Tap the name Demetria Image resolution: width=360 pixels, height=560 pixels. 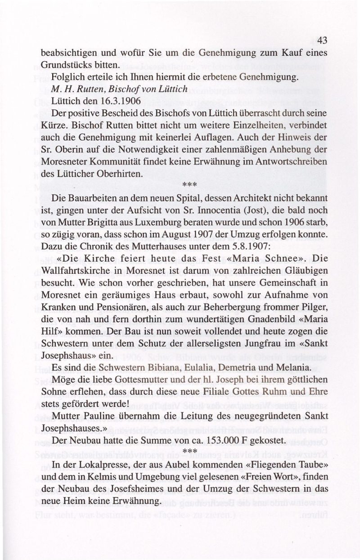click(x=232, y=368)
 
